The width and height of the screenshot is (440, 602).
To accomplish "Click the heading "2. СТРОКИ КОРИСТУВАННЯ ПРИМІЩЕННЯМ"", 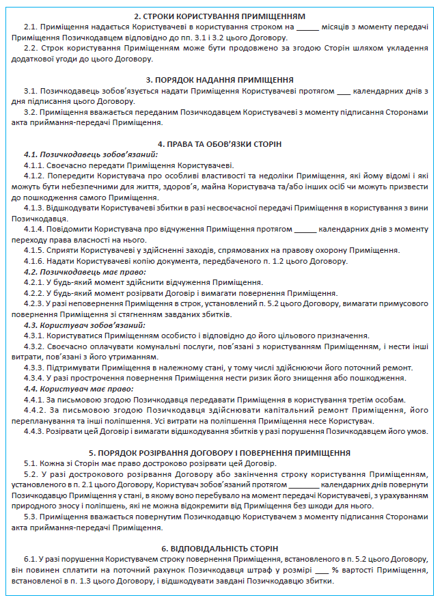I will [x=219, y=15].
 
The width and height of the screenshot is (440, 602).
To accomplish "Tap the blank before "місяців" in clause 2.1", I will [x=308, y=26].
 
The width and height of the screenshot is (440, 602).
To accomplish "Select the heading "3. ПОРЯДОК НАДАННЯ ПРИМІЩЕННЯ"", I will [x=219, y=79].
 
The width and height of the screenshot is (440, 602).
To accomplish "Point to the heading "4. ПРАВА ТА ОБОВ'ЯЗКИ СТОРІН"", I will [x=219, y=144].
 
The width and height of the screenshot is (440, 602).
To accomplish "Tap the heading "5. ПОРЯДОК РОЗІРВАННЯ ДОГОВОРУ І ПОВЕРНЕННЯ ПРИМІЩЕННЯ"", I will [x=219, y=452].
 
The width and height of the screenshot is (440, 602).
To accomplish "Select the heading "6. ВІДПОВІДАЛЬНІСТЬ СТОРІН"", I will [x=219, y=549].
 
